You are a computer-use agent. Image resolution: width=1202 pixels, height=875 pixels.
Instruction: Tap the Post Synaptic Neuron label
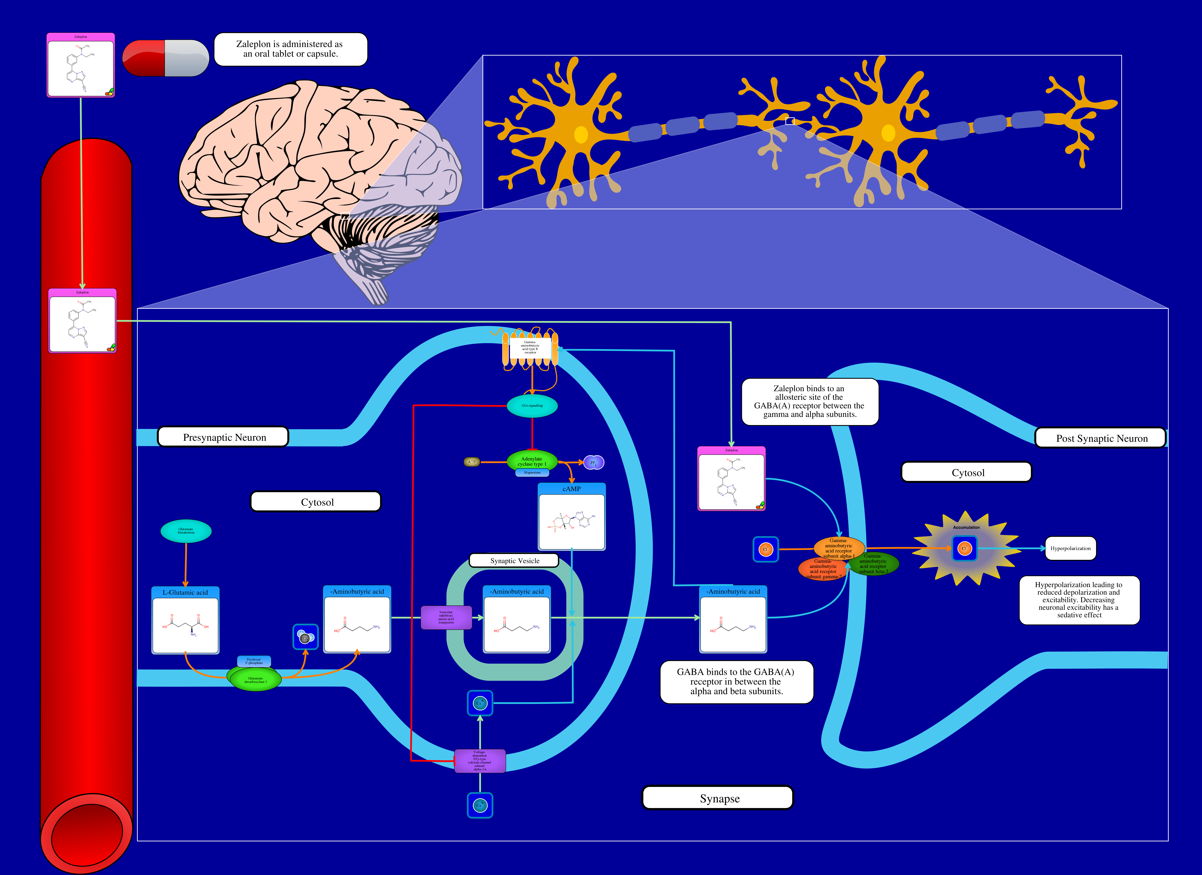[1101, 438]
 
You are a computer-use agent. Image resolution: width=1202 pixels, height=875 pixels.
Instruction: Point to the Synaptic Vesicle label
[514, 560]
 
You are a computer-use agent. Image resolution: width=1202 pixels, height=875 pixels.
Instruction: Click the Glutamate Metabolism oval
[186, 531]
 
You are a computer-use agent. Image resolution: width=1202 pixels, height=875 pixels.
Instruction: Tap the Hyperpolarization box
[1070, 548]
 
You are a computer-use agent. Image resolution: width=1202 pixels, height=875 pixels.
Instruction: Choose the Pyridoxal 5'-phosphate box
[254, 661]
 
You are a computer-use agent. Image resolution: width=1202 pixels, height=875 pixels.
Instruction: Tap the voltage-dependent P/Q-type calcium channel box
[480, 761]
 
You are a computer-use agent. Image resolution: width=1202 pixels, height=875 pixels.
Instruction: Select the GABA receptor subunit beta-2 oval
[873, 564]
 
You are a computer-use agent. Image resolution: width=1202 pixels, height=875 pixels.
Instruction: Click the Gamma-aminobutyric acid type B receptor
[530, 348]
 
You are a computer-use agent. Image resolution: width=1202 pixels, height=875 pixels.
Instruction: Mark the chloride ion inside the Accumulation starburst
[965, 548]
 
